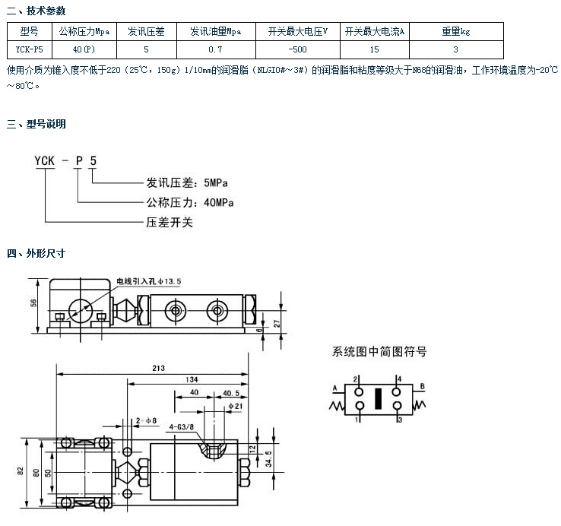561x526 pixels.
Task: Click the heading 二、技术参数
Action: pos(36,11)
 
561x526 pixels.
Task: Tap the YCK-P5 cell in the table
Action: pos(28,49)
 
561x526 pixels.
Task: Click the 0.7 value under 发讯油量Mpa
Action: pos(215,49)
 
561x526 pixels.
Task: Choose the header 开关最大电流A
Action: pos(374,32)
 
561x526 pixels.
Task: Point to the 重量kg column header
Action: pos(456,32)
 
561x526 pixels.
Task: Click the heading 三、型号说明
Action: pos(36,124)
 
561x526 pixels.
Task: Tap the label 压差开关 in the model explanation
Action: pos(170,223)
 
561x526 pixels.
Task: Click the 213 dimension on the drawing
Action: pos(158,368)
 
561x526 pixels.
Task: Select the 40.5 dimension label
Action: pos(230,393)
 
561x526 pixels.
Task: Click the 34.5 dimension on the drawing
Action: pos(271,460)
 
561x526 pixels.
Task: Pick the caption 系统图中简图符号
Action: pos(380,352)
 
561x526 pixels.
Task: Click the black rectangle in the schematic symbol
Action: pos(376,398)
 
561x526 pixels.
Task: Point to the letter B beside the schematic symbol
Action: pos(422,386)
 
